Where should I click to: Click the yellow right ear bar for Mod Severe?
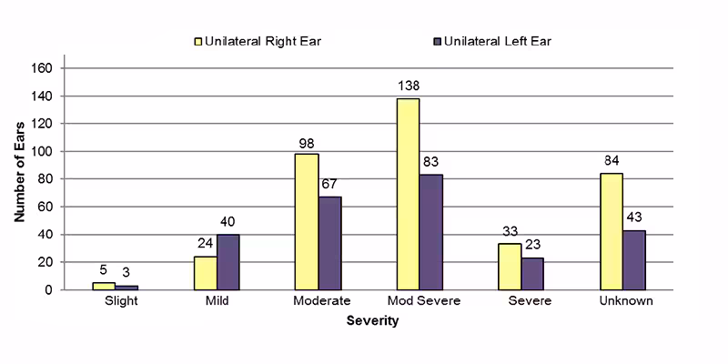tap(408, 194)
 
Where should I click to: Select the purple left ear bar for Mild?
tap(227, 262)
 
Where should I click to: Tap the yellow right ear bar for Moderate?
tap(307, 221)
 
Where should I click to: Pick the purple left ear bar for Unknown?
tap(633, 259)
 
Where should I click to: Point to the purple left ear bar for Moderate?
tap(329, 243)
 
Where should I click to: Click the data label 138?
tap(408, 86)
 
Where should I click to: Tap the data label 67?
tap(329, 185)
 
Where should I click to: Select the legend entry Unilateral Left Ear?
tap(492, 41)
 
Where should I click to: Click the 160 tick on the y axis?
tap(46, 68)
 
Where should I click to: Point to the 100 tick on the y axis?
tap(46, 151)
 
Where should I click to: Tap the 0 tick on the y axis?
tap(53, 290)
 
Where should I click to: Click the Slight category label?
tap(121, 302)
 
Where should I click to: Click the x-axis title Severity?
tap(372, 321)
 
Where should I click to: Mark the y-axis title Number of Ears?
tap(19, 177)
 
